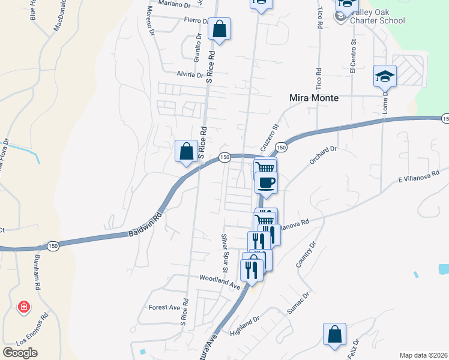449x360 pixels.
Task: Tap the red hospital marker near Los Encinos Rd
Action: [x=24, y=307]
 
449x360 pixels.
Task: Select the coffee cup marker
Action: [x=266, y=182]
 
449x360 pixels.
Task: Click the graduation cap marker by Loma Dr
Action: [x=385, y=76]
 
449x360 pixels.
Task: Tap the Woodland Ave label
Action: [x=220, y=283]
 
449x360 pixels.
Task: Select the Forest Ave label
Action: [x=164, y=307]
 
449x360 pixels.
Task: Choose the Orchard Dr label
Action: [x=325, y=155]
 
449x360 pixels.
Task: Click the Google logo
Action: [x=20, y=353]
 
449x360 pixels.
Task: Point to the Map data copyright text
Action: [x=424, y=355]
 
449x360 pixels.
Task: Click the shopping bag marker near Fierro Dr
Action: [x=220, y=29]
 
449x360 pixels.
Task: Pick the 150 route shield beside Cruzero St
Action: [x=280, y=146]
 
